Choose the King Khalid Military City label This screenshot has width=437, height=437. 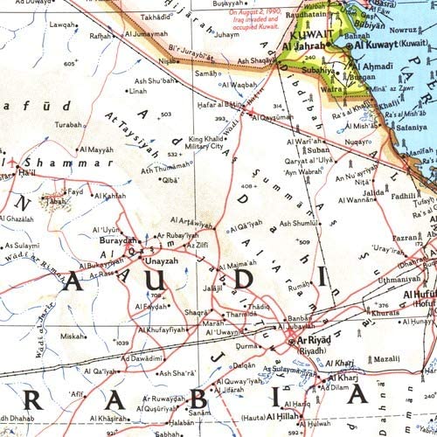pyautogui.click(x=207, y=142)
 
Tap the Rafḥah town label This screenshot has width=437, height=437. pyautogui.click(x=101, y=36)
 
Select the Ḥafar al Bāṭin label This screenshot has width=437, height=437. pyautogui.click(x=220, y=105)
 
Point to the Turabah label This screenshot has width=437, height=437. pyautogui.click(x=68, y=124)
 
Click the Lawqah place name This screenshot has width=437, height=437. pyautogui.click(x=63, y=24)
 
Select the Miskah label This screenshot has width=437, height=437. pyautogui.click(x=73, y=336)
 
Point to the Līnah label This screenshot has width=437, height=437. pyautogui.click(x=138, y=90)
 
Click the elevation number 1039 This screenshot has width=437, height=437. pyautogui.click(x=121, y=343)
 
